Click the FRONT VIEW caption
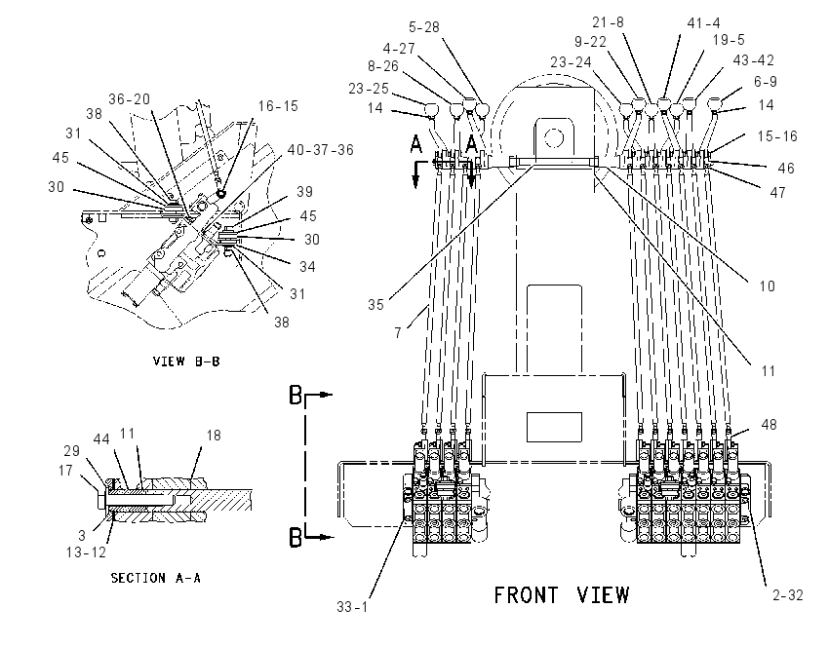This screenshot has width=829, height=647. [x=562, y=595]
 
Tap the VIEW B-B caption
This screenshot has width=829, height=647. [x=186, y=362]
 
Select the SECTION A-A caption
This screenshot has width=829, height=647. [x=155, y=578]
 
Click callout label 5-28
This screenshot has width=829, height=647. [x=424, y=27]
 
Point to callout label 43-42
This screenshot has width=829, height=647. [x=753, y=60]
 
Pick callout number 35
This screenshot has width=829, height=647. [x=375, y=305]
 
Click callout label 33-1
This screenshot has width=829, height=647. [x=352, y=607]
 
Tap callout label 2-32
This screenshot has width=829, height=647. [x=788, y=595]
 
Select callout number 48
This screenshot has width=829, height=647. [x=769, y=425]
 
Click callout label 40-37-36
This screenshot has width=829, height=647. [x=321, y=150]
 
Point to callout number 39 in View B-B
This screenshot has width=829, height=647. [x=304, y=192]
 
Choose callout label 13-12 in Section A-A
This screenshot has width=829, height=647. [x=86, y=552]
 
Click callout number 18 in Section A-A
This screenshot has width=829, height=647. [x=213, y=436]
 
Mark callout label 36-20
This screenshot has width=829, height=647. [x=130, y=99]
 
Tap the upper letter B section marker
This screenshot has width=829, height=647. [x=296, y=395]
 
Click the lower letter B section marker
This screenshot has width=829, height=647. [x=296, y=538]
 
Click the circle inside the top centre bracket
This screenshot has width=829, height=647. [x=554, y=138]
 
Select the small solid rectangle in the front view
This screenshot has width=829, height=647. [x=554, y=427]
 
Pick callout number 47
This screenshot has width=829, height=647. [x=777, y=193]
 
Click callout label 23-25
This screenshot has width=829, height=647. [x=369, y=89]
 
